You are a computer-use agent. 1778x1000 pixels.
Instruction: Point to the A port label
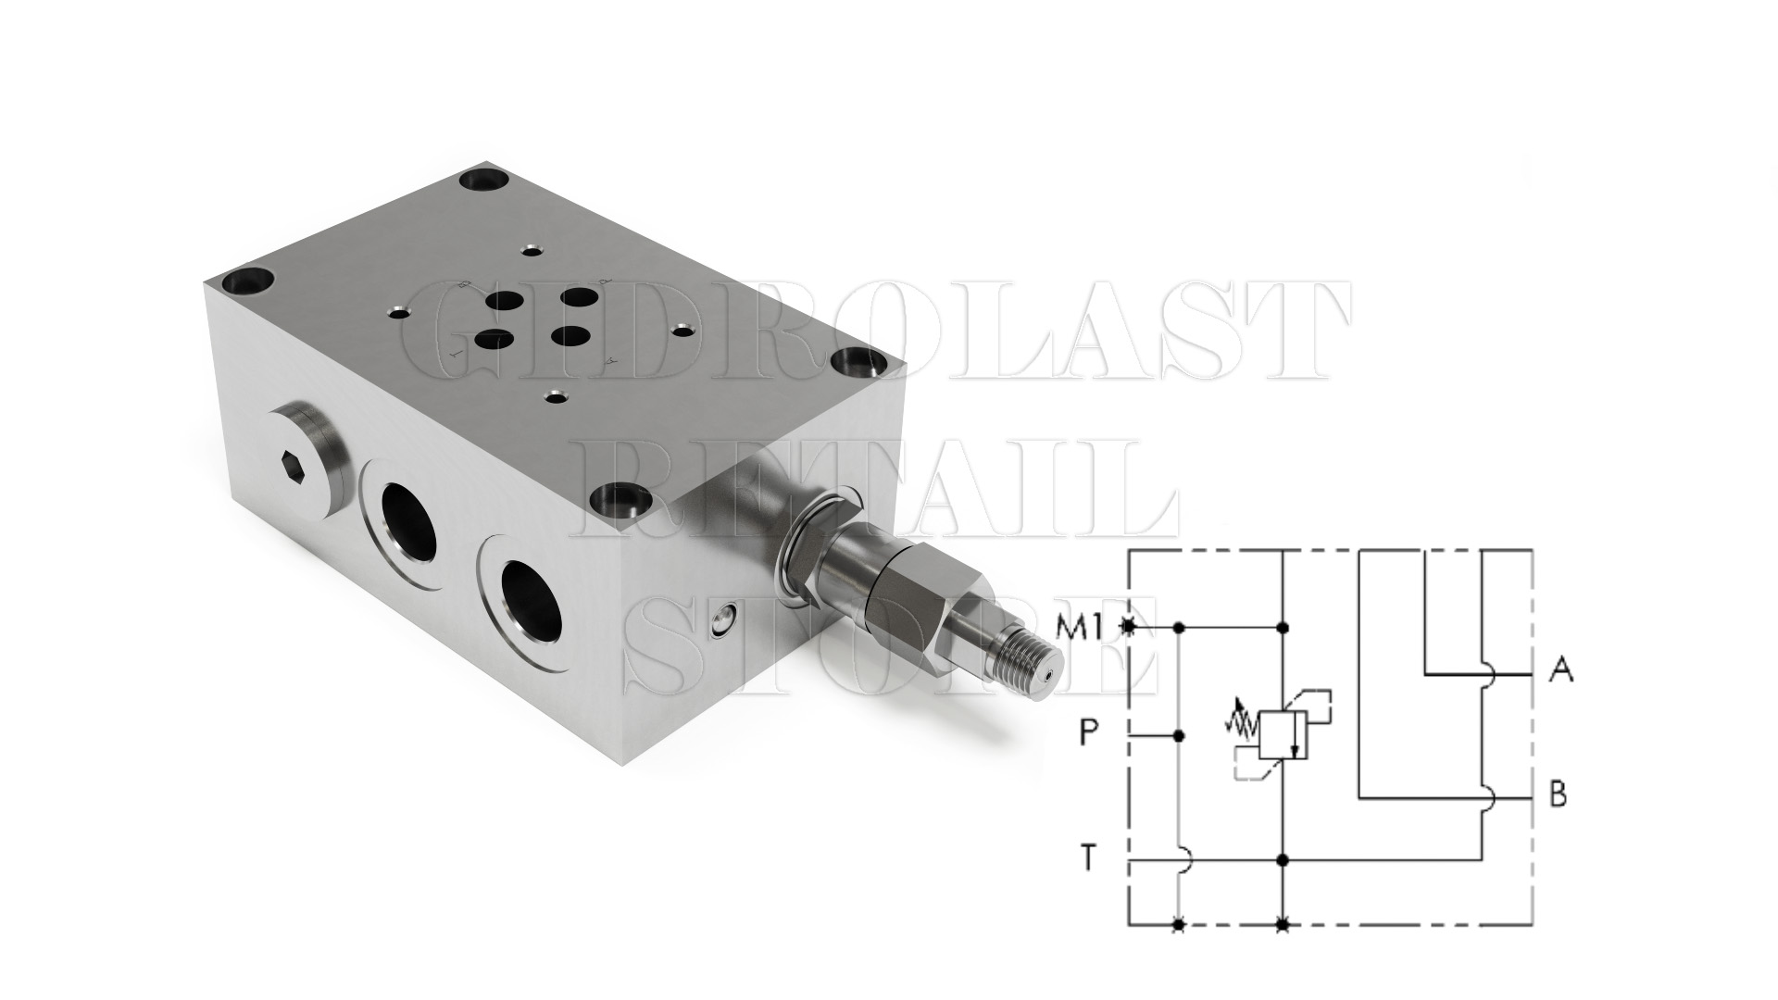(1561, 669)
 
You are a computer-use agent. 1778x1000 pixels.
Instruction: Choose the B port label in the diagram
(1559, 794)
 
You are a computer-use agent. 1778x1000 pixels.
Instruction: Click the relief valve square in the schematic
(1283, 736)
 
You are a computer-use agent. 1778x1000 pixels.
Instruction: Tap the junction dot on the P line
(1179, 736)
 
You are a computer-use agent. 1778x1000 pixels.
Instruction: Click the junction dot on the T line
(1283, 860)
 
